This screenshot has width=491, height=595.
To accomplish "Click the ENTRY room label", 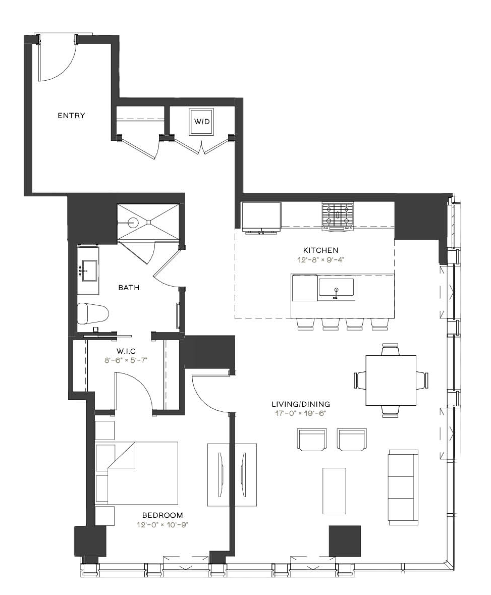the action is coord(71,116).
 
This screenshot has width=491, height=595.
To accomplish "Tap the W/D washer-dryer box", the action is coord(201,122).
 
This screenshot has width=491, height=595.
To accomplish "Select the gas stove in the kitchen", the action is coord(338,217).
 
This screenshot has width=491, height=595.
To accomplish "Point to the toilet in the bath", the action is coord(92,313).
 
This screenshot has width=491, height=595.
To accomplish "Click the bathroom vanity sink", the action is coord(89,271).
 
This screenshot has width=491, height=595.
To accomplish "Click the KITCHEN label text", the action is coord(320,250).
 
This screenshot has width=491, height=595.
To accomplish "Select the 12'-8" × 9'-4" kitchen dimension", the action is coord(320,260).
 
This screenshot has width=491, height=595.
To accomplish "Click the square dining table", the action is coord(391,381).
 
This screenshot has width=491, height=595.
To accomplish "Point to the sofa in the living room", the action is coord(403,487).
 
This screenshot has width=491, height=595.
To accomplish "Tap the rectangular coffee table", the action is coord(334,491).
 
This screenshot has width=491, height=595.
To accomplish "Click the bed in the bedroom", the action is coord(137,473).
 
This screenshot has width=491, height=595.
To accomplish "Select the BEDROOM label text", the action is coord(162,515).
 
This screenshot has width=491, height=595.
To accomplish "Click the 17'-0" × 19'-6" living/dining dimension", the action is coord(301,414).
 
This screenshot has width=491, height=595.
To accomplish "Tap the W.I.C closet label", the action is coord(126,351).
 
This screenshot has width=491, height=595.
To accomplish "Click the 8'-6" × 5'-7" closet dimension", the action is coord(126,360).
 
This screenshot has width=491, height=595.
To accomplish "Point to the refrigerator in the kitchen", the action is coord(261,217).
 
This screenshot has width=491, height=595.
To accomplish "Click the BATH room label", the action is coord(129,288).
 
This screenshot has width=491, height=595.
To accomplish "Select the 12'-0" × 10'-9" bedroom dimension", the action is coord(162,525).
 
